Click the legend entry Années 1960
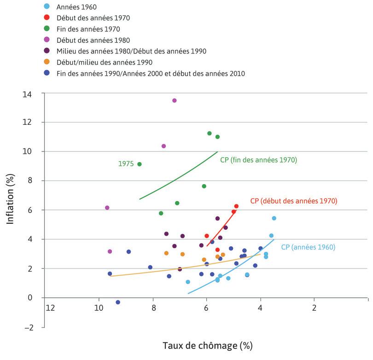77,6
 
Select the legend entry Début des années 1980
93,40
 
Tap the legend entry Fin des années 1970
88,29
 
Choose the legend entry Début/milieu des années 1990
104,62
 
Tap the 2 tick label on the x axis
314,308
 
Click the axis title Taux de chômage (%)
207,345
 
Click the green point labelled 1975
140,164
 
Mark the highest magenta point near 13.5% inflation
174,100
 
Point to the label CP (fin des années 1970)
258,160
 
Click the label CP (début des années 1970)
294,201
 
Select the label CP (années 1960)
308,247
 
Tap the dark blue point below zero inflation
118,302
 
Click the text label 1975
126,163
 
